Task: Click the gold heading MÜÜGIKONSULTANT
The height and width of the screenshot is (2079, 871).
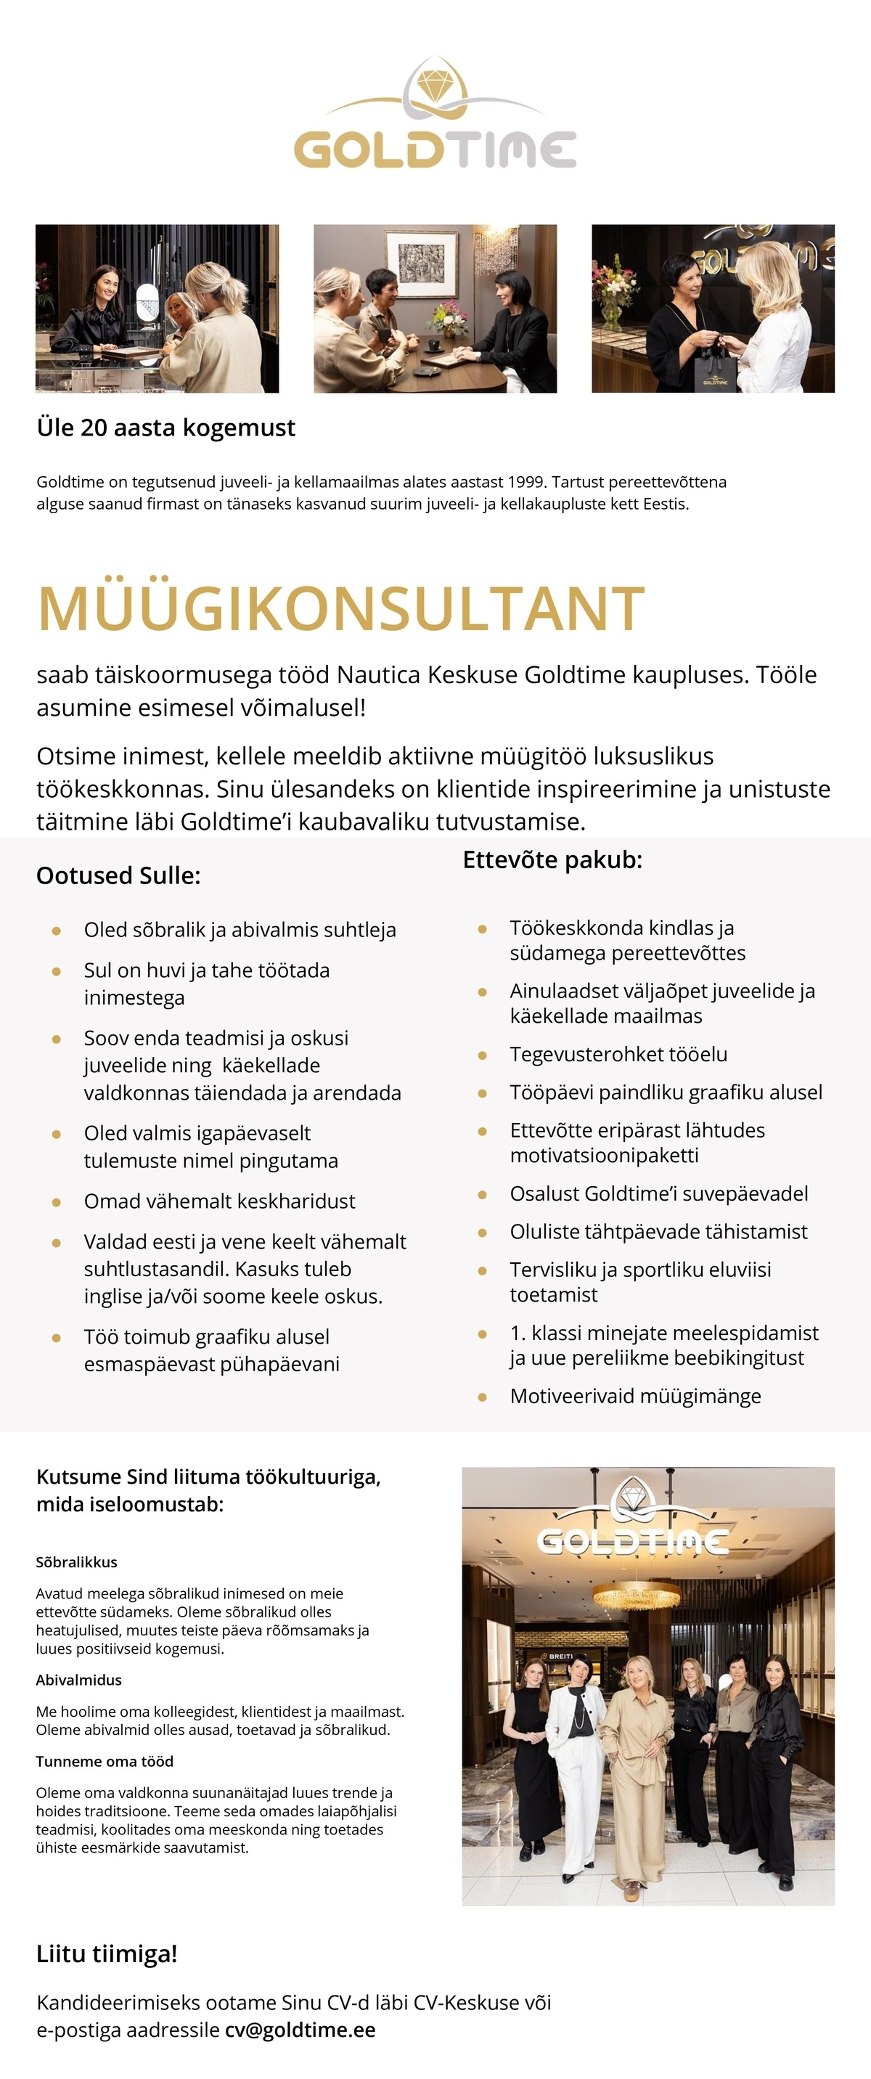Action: pos(340,608)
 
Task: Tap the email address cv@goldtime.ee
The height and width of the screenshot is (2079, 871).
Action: pos(300,2030)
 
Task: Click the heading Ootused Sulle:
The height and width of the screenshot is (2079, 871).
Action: pos(118,875)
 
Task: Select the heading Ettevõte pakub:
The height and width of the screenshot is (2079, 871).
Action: pos(552,860)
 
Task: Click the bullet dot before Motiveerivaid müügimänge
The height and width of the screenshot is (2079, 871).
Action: pos(482,1396)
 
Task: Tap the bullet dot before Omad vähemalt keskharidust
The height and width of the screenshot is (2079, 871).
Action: pos(57,1201)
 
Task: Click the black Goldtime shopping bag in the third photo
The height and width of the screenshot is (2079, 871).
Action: pos(714,374)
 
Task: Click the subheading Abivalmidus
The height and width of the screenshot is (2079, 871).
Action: pos(78,1680)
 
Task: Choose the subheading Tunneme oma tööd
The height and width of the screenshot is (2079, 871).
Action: pos(104,1762)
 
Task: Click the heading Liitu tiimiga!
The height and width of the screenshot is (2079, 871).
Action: pos(107,1954)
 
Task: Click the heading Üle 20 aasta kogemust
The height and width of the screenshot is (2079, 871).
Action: pos(165,428)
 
